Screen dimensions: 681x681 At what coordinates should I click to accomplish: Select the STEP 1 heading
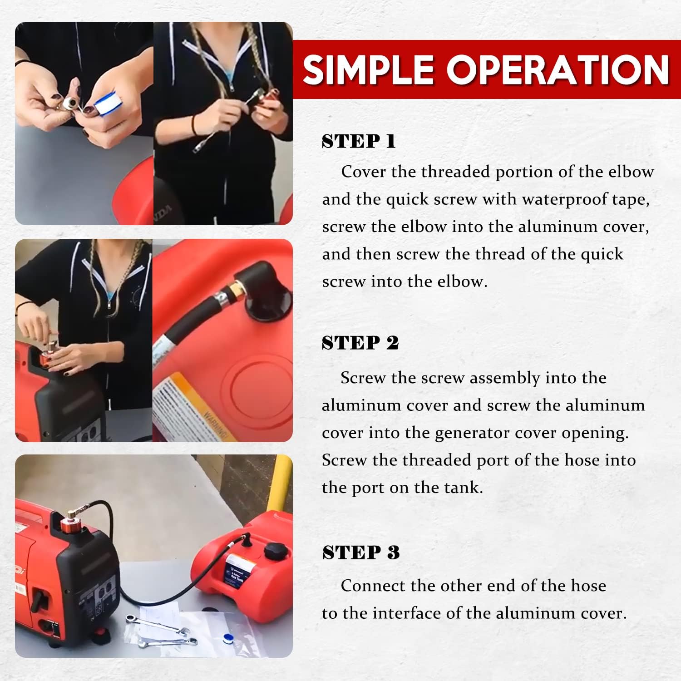click(359, 142)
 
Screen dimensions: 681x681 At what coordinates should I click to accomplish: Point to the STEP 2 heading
click(360, 343)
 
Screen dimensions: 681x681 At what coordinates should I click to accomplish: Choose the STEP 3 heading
click(361, 553)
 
